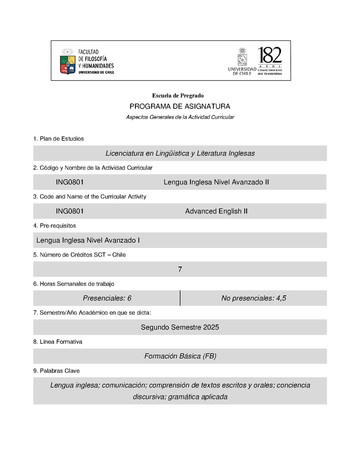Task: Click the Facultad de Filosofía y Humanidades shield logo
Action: (68, 62)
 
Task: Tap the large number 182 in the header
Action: (270, 56)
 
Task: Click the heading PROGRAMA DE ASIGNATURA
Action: (180, 107)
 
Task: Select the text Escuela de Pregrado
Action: (178, 95)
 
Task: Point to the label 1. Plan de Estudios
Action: (58, 139)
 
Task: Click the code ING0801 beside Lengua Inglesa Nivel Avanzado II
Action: (70, 182)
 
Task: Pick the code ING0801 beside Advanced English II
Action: (70, 211)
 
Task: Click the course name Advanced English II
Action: (216, 211)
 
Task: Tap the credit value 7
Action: (180, 269)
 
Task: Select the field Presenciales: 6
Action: (107, 298)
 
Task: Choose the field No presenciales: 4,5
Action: (254, 298)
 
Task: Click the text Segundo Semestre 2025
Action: (180, 327)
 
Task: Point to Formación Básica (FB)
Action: (180, 356)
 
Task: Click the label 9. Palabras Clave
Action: (57, 371)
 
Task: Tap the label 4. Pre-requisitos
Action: (54, 226)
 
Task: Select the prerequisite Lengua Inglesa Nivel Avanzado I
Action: (88, 240)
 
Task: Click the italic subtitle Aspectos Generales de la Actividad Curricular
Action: (180, 117)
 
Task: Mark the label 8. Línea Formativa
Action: (58, 342)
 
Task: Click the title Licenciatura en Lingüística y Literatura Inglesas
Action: (180, 154)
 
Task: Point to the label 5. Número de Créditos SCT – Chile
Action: (80, 255)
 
